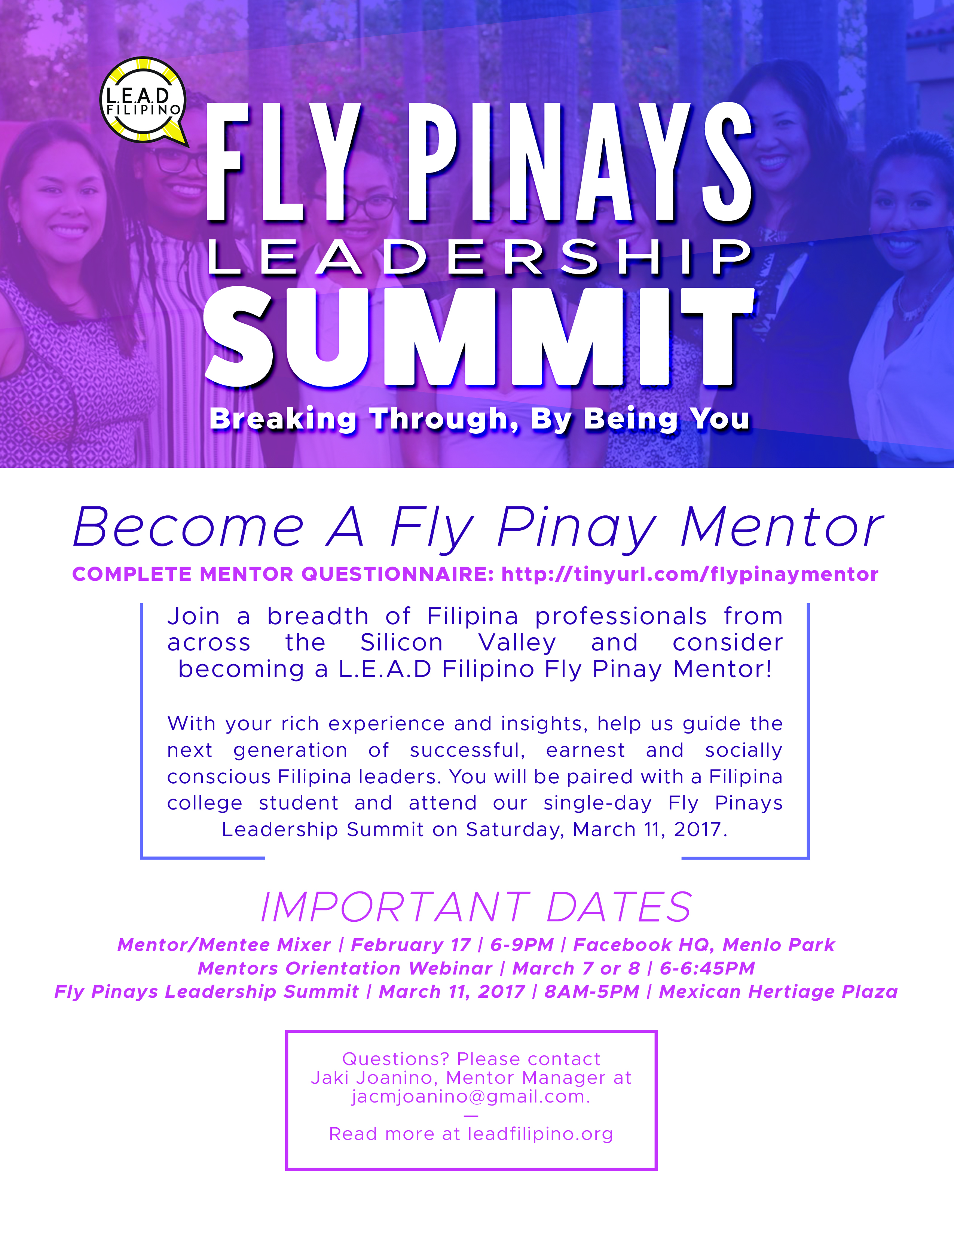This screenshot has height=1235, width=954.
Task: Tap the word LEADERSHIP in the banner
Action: coord(479,257)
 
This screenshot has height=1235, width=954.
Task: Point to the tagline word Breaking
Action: coord(282,420)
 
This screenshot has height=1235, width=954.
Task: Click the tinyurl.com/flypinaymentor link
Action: coord(689,574)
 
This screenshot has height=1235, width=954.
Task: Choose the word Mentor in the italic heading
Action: coord(782,528)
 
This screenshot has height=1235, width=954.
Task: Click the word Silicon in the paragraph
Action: coord(401,643)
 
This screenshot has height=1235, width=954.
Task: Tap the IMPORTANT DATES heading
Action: coord(476,908)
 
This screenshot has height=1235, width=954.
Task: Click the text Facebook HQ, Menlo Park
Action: coord(704,945)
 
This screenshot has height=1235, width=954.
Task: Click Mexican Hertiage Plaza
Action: coord(778,991)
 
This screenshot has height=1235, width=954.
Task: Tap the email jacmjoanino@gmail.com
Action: coord(471,1097)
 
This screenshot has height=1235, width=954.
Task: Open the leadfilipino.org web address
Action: coord(540,1134)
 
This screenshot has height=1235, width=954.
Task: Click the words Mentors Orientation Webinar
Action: coord(345,968)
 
